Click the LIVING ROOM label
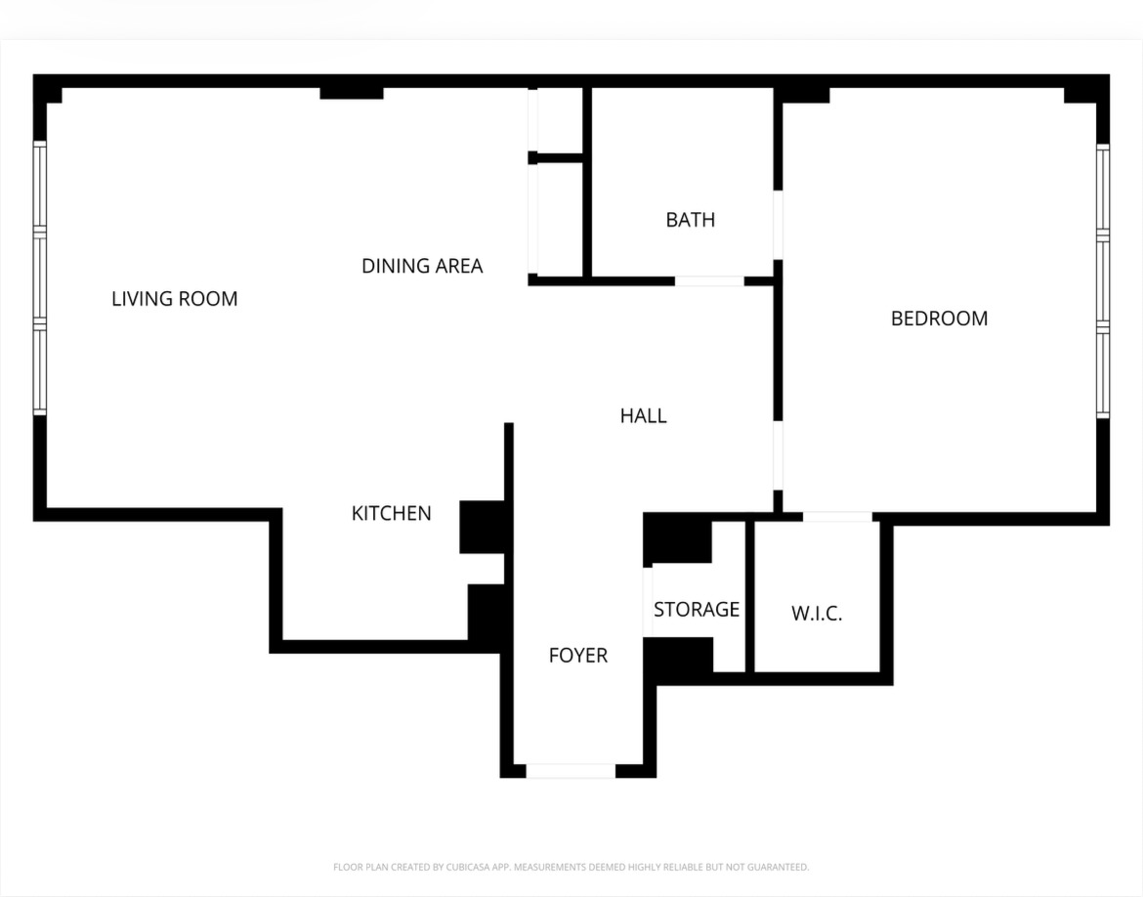[x=174, y=299]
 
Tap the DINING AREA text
[x=422, y=266]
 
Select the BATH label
[x=690, y=220]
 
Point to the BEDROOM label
[x=939, y=319]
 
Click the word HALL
[x=643, y=416]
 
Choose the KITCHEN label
[x=391, y=514]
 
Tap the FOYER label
[x=577, y=656]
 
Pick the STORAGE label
[x=696, y=610]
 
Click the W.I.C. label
[x=816, y=615]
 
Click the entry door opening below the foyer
[x=571, y=771]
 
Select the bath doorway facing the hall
[x=709, y=281]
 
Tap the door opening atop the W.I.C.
[x=837, y=516]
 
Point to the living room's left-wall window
[x=40, y=278]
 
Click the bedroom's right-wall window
[x=1102, y=280]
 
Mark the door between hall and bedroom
[x=779, y=455]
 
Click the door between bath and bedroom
[x=779, y=225]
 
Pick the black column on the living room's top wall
[x=352, y=93]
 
